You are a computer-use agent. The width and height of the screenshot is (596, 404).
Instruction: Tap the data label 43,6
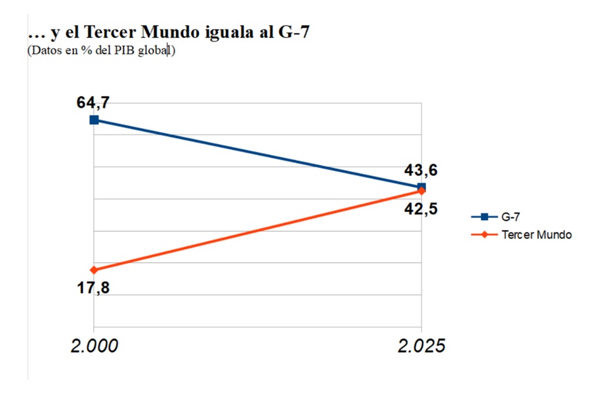click(x=421, y=171)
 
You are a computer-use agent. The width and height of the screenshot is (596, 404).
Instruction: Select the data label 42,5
click(x=421, y=210)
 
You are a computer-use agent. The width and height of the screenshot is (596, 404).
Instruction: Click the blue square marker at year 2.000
click(x=94, y=120)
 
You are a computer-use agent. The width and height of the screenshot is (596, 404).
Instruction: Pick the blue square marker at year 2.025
click(x=421, y=187)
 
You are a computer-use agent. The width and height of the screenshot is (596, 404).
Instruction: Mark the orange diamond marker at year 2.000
click(x=94, y=269)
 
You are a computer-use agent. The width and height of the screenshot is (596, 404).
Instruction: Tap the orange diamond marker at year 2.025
click(x=421, y=191)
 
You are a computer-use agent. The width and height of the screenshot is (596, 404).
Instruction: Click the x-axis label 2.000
click(x=95, y=346)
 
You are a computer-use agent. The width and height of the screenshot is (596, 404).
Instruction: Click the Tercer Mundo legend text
click(x=536, y=235)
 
